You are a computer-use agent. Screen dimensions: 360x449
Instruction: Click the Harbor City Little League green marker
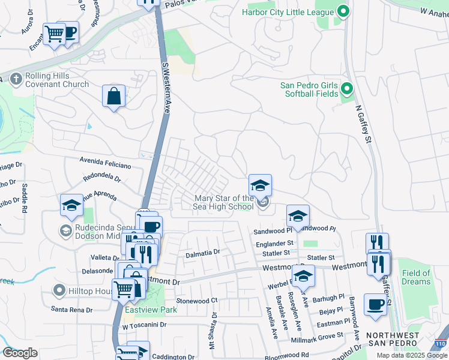click(343, 11)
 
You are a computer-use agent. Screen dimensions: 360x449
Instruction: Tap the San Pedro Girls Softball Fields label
click(310, 89)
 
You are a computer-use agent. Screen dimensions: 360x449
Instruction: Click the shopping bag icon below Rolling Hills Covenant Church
click(113, 96)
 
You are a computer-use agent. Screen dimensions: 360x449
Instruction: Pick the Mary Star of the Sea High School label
click(223, 203)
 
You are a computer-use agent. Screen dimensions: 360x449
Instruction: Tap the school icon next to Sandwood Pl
click(298, 215)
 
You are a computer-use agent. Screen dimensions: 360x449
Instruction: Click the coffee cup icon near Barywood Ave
click(376, 305)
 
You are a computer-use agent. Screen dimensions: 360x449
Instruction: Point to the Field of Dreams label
click(416, 277)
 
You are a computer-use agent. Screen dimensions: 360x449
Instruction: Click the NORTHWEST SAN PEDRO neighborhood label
click(392, 338)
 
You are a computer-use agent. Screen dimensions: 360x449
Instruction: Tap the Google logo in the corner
click(20, 353)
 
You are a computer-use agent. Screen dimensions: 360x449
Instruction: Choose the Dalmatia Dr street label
click(203, 253)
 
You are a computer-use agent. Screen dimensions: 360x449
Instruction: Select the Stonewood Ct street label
click(196, 300)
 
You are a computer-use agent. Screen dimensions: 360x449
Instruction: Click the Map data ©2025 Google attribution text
click(411, 355)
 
